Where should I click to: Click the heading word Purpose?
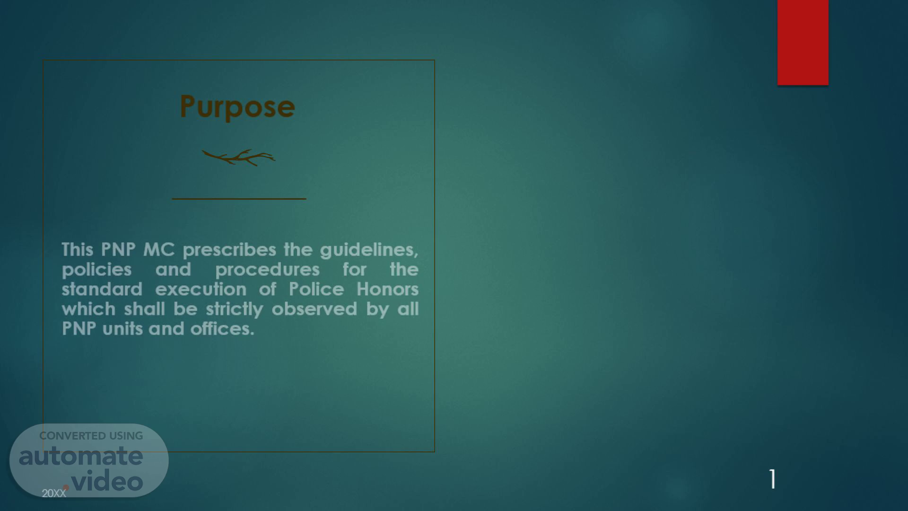pos(237,107)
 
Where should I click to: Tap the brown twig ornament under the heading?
pos(238,158)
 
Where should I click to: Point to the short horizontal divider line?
pos(239,199)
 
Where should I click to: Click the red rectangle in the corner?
pos(803,43)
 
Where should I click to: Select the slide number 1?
pos(773,479)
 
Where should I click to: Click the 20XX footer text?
pos(54,493)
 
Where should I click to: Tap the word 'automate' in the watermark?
pos(81,456)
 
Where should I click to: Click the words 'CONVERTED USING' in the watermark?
pos(91,436)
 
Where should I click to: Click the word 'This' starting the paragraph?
pos(78,249)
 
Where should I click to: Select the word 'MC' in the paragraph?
pos(159,249)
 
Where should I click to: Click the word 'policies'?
pos(96,270)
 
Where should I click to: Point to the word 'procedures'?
pos(267,270)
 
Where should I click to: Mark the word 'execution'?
pos(201,289)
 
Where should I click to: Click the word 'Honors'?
pos(387,289)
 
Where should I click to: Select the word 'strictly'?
pos(234,309)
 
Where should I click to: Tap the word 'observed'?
pos(314,309)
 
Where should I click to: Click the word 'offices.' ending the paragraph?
pos(222,328)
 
